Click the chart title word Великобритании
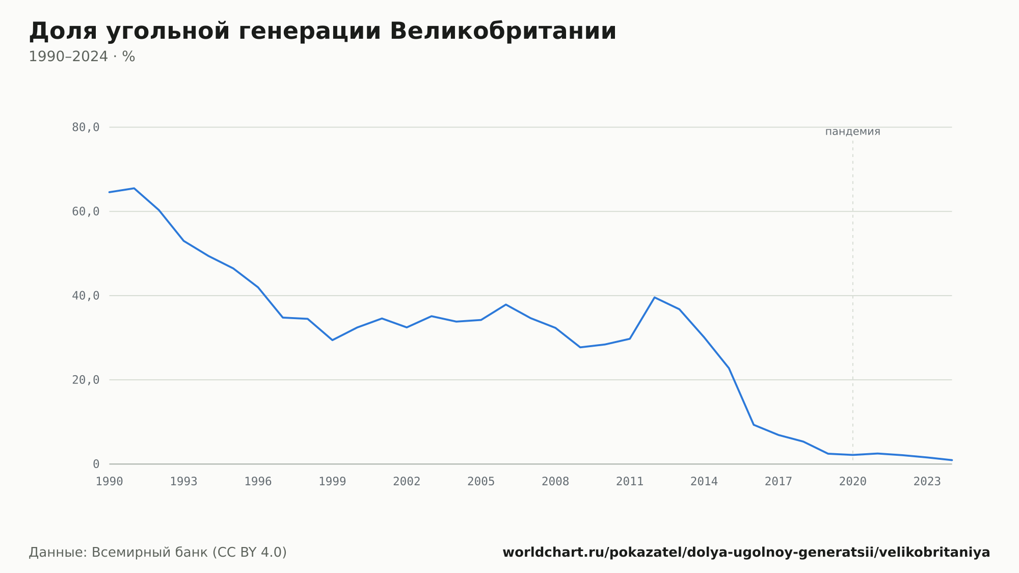pyautogui.click(x=503, y=31)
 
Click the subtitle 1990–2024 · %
pyautogui.click(x=82, y=57)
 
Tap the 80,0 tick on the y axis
pyautogui.click(x=86, y=127)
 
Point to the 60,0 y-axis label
pyautogui.click(x=86, y=212)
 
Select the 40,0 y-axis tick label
pyautogui.click(x=86, y=296)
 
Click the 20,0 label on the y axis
pyautogui.click(x=86, y=380)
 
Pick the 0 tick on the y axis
pyautogui.click(x=96, y=464)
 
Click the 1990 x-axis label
pyautogui.click(x=110, y=482)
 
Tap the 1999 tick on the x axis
pyautogui.click(x=332, y=482)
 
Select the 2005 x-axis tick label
pyautogui.click(x=481, y=482)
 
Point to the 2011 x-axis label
pyautogui.click(x=630, y=482)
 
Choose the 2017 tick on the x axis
pyautogui.click(x=779, y=482)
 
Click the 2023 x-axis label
pyautogui.click(x=927, y=482)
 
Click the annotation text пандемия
pyautogui.click(x=853, y=132)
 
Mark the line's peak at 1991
pyautogui.click(x=134, y=188)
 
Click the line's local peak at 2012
pyautogui.click(x=655, y=297)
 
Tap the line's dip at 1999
pyautogui.click(x=332, y=340)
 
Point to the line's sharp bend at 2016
pyautogui.click(x=754, y=425)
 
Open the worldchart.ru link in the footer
pyautogui.click(x=746, y=553)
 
